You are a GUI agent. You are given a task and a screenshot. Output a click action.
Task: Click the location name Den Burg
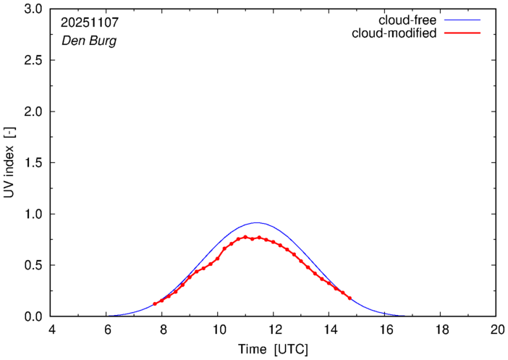click(x=88, y=41)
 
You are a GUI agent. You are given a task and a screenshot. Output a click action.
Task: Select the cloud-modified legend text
click(x=394, y=33)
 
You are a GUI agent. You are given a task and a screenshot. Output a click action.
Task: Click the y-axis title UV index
click(x=9, y=163)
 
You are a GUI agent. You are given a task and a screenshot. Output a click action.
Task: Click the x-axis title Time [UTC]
click(x=273, y=349)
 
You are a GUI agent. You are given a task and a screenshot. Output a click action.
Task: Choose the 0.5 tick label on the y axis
click(x=34, y=265)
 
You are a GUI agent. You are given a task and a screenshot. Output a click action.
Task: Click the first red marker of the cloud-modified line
click(x=155, y=304)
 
